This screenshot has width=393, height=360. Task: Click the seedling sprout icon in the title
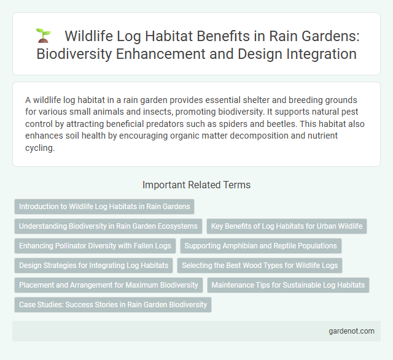43,36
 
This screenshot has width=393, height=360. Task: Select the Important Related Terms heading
196,185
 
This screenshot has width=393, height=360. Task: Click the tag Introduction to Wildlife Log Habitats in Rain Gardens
104,207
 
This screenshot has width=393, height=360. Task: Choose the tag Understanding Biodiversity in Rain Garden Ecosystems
108,226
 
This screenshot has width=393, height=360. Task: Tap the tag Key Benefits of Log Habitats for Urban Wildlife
287,226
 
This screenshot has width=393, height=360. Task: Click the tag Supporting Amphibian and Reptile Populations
260,246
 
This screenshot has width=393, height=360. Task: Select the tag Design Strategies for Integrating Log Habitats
93,266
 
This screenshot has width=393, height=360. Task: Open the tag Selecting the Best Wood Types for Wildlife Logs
260,266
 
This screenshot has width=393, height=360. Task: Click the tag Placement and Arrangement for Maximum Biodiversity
109,285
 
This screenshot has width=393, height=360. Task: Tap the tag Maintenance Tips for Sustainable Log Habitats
288,285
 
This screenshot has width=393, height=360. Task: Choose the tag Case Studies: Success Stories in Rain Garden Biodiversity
113,305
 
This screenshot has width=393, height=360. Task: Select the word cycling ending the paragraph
40,147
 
